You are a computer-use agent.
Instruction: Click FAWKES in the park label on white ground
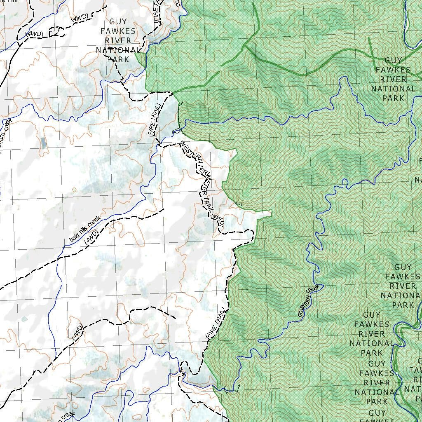[x=118, y=31]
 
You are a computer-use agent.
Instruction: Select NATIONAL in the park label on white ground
[x=118, y=50]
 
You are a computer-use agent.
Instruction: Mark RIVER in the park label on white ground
[x=118, y=41]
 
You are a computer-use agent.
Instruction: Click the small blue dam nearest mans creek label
[x=44, y=143]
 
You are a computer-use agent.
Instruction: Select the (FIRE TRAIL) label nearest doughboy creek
[x=216, y=323]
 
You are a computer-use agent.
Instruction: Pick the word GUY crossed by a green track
[x=393, y=61]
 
